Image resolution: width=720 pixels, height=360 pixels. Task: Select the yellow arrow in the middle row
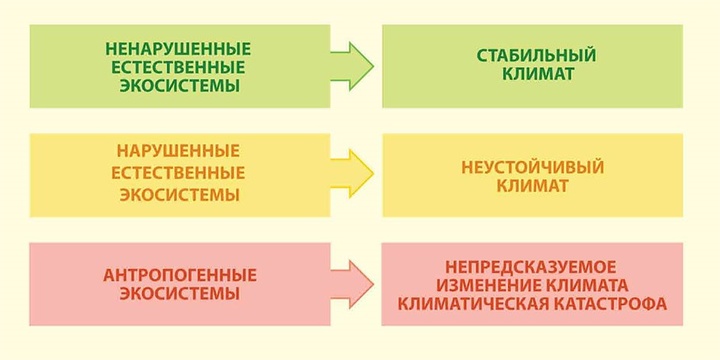tap(352, 174)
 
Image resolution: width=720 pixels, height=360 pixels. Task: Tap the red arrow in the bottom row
tap(352, 283)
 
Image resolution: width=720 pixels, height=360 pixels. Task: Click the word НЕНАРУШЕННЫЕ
tap(178, 48)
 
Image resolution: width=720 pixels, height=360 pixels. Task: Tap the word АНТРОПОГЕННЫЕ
tap(178, 274)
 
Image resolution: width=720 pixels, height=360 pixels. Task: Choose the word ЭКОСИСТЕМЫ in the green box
tap(178, 86)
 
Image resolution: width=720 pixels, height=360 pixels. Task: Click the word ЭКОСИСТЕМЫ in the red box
tap(178, 294)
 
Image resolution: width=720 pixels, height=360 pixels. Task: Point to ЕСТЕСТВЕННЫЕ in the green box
tap(178, 67)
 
